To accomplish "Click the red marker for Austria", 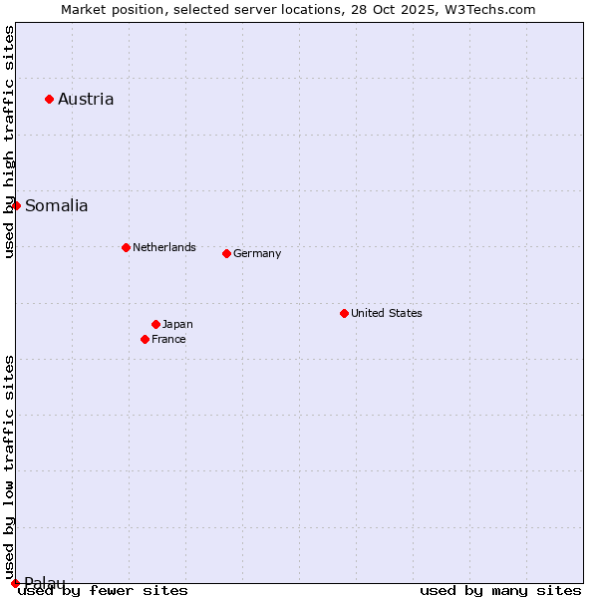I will tap(49, 99).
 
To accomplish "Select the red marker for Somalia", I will tap(16, 205).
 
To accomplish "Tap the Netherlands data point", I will tap(126, 247).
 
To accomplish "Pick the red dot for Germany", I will tap(226, 253).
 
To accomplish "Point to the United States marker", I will tap(344, 313).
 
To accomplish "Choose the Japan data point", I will tap(155, 324).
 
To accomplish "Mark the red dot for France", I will tap(145, 339).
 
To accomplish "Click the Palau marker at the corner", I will tap(15, 583).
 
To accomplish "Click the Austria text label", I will tap(86, 99).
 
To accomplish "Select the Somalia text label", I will tap(56, 206).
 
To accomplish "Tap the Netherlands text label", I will tap(164, 247).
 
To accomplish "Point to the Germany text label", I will tap(257, 253).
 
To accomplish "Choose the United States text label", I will tap(387, 313).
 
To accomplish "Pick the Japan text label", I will tap(177, 324).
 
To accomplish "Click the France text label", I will tap(168, 339).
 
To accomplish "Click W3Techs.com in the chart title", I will tap(488, 9).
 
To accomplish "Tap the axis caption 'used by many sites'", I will tap(500, 591).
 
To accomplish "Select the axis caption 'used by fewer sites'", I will tap(103, 591).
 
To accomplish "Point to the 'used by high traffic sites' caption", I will tap(10, 142).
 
